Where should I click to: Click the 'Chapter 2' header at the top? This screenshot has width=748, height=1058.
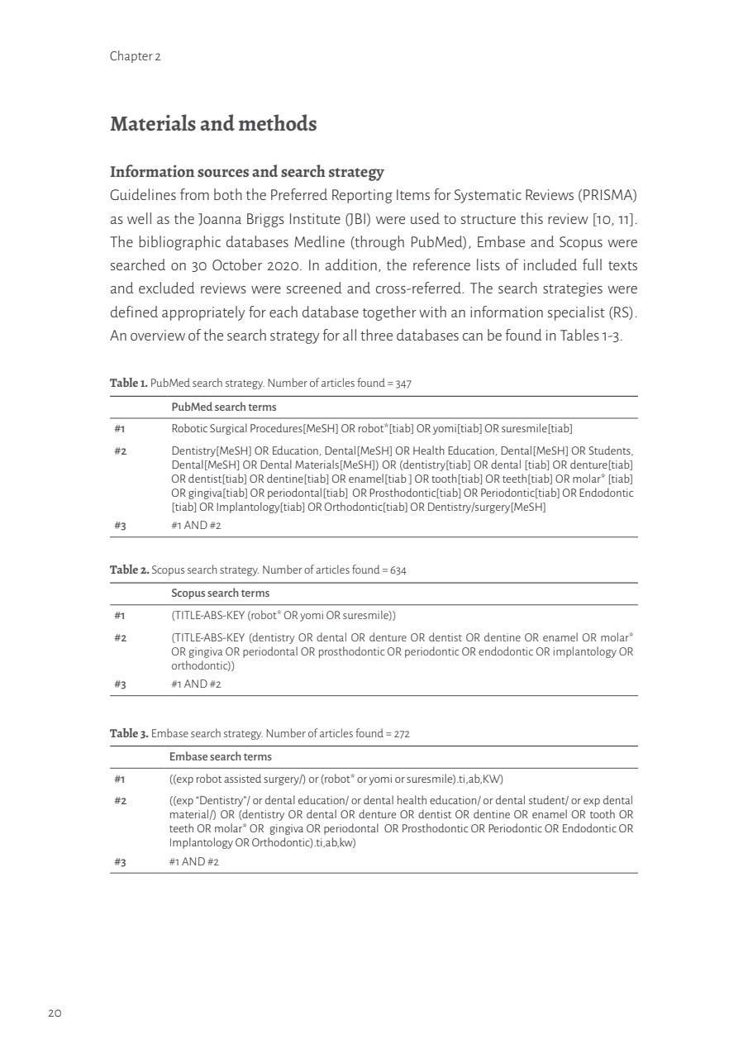tap(135, 57)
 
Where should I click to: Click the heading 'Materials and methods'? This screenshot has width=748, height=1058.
tap(213, 124)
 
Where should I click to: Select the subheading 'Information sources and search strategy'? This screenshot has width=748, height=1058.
tap(247, 172)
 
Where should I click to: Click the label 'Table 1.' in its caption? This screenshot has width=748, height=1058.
tap(129, 384)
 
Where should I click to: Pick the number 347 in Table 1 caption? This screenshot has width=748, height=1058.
tap(400, 384)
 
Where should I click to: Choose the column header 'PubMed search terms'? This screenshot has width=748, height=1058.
tap(224, 407)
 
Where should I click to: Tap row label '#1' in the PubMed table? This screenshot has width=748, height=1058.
tap(120, 428)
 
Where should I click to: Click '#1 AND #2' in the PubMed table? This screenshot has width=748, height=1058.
tap(196, 525)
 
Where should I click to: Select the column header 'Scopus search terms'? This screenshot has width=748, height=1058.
tap(220, 593)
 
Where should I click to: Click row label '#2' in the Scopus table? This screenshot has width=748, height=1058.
tap(120, 637)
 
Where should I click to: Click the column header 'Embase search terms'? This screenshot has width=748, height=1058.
tap(221, 757)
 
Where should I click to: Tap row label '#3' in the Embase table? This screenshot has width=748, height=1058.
tap(120, 862)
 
